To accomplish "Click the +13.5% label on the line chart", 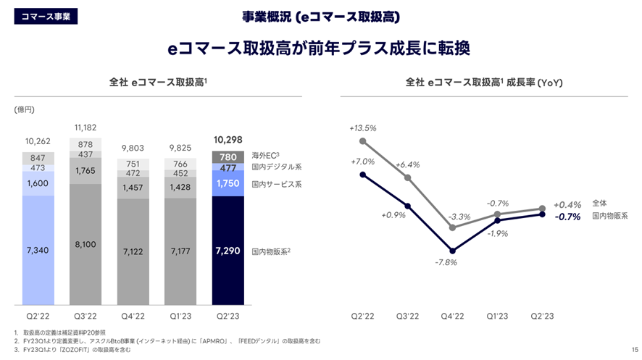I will pos(362,128).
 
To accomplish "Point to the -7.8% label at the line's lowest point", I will pos(446,262).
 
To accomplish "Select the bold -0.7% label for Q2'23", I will pos(567,217).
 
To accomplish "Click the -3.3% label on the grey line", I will pos(459,216).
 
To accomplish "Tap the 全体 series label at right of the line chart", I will pos(600,204).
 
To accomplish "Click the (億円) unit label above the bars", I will pos(24,109).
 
